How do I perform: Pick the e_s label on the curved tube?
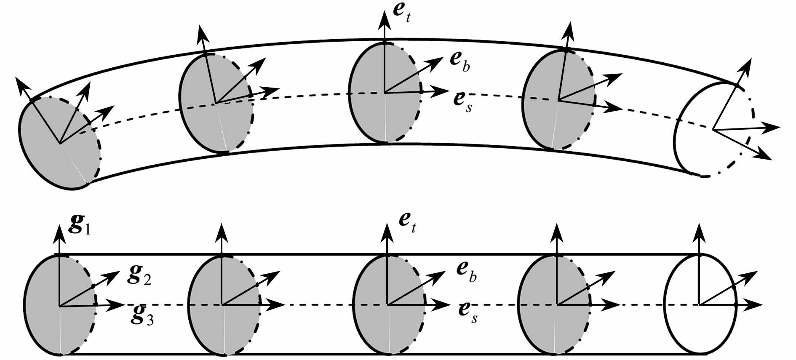coord(462,101)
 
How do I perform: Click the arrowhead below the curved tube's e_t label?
coord(385,19)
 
